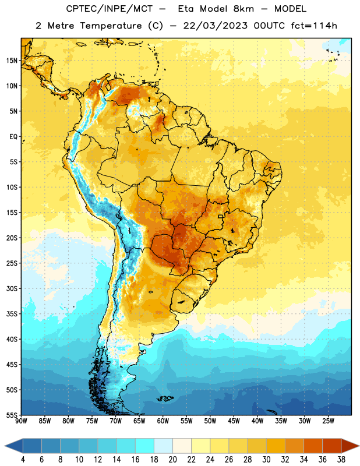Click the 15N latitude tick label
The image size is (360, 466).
tap(12, 61)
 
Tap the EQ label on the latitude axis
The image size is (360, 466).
tap(13, 137)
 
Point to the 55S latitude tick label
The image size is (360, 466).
tap(12, 415)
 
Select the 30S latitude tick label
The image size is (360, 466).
tap(12, 288)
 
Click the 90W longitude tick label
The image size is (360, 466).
tap(21, 421)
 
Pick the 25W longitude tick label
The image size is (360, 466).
tap(328, 421)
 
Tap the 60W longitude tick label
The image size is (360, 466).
tap(163, 421)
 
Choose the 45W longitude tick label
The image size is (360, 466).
tap(234, 421)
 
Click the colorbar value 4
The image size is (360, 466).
tap(23, 460)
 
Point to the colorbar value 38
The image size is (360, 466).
tap(341, 460)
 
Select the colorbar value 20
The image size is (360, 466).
tap(172, 460)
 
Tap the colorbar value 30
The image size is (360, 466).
tap(266, 460)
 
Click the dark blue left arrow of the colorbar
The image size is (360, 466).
tap(14, 446)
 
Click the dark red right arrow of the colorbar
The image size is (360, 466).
tap(351, 446)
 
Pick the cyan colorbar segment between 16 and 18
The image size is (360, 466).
tap(145, 446)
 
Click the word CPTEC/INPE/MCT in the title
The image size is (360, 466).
tap(110, 9)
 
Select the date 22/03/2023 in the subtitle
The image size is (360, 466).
tap(215, 26)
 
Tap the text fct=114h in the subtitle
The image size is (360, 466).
tap(314, 26)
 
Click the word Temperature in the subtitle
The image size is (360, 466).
tap(111, 26)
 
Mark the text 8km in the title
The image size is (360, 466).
tap(243, 9)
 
